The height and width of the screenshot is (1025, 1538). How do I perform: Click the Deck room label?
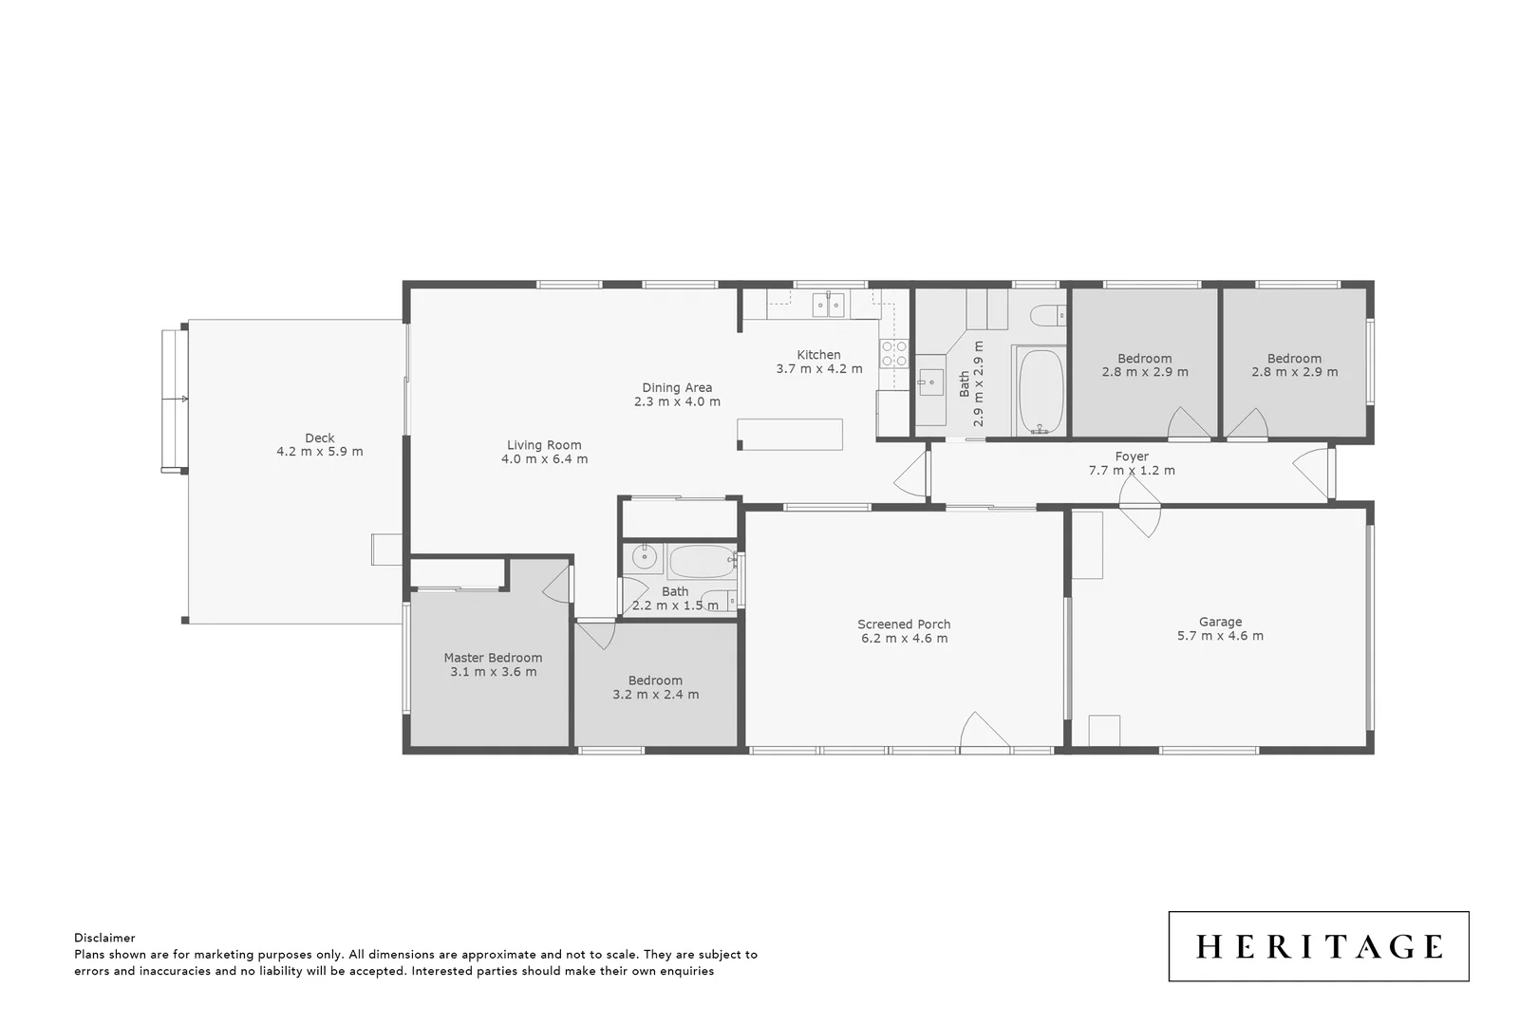tap(319, 438)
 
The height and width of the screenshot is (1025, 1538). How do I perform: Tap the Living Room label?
tap(544, 445)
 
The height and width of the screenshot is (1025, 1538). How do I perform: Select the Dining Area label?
tap(677, 387)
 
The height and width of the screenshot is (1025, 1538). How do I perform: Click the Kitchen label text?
tap(818, 355)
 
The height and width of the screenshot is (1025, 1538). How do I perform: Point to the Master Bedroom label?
tap(493, 658)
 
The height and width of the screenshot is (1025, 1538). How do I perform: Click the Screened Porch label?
tap(904, 624)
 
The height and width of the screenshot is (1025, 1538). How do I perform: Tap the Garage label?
tap(1220, 623)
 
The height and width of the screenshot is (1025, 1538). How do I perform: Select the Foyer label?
tap(1132, 457)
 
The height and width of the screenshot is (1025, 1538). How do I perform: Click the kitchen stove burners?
tap(893, 354)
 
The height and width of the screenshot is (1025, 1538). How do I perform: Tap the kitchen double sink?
tap(829, 305)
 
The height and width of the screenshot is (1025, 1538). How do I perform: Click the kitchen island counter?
tap(791, 434)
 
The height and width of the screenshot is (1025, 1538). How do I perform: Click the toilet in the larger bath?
tap(1048, 315)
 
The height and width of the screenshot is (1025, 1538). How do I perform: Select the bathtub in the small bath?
tap(702, 562)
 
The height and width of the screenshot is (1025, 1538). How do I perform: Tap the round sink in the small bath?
tap(645, 556)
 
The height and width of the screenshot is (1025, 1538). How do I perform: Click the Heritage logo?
tap(1318, 946)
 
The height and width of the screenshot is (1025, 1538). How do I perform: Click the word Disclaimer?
tap(104, 938)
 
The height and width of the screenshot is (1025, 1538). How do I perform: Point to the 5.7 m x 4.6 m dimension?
tap(1220, 636)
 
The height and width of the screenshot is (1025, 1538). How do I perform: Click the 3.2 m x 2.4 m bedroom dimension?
tap(655, 695)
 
